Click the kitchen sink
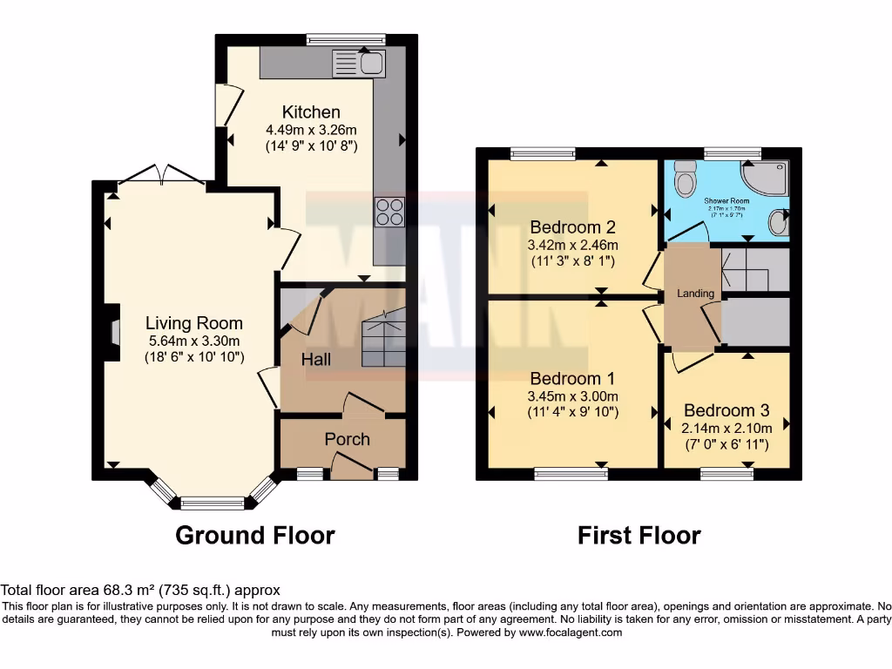point(359,62)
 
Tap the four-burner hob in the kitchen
point(389,212)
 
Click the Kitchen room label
point(311,111)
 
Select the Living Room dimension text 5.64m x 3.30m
point(194,341)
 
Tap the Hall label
point(316,359)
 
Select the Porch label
point(347,439)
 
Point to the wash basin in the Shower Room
point(780,222)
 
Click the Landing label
point(696,294)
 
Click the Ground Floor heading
point(254,535)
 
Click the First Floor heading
point(639,535)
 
